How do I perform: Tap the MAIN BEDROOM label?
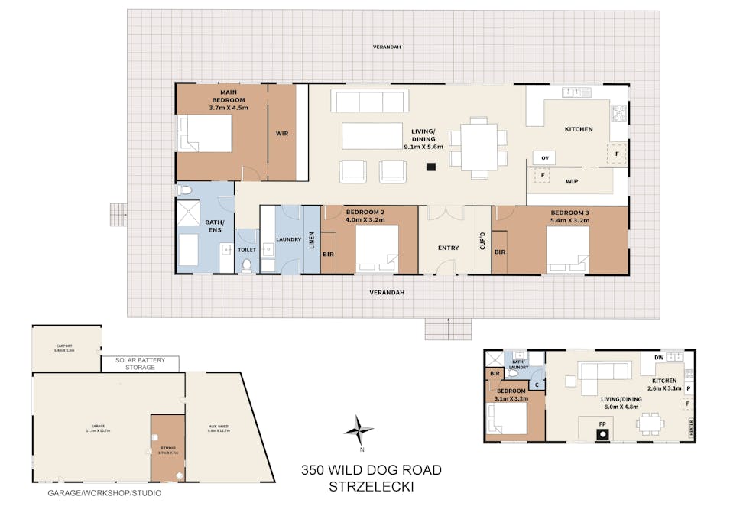click(228, 96)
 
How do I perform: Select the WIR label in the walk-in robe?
click(282, 133)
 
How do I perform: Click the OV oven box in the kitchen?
click(545, 157)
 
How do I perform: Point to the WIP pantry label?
click(571, 182)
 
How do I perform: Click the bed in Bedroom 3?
click(567, 249)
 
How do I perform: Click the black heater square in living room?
click(431, 166)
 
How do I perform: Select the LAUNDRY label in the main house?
click(288, 239)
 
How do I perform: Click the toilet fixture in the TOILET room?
click(246, 264)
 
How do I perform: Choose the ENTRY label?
click(448, 248)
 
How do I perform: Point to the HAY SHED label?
click(219, 427)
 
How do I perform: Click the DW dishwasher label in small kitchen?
click(658, 358)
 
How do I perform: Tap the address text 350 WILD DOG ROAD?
click(371, 470)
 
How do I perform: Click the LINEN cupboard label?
click(311, 240)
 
